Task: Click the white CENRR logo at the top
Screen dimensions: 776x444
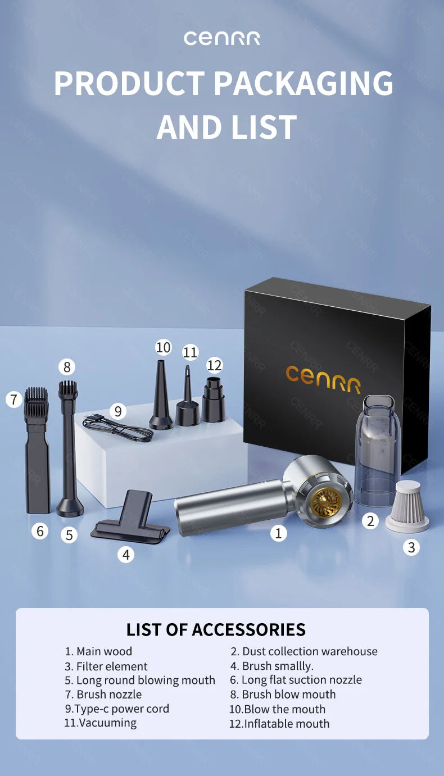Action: (x=221, y=38)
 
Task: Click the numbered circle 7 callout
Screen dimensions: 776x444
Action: (x=14, y=400)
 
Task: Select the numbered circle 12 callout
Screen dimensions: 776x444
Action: (x=214, y=365)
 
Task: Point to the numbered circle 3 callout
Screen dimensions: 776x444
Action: (x=411, y=547)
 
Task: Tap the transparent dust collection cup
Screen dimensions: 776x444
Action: (x=378, y=444)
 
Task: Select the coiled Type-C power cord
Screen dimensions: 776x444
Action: (x=118, y=428)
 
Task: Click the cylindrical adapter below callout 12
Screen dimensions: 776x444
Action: (x=213, y=400)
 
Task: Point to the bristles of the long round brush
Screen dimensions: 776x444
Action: (x=67, y=388)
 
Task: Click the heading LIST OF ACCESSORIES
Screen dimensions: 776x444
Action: (x=216, y=629)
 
